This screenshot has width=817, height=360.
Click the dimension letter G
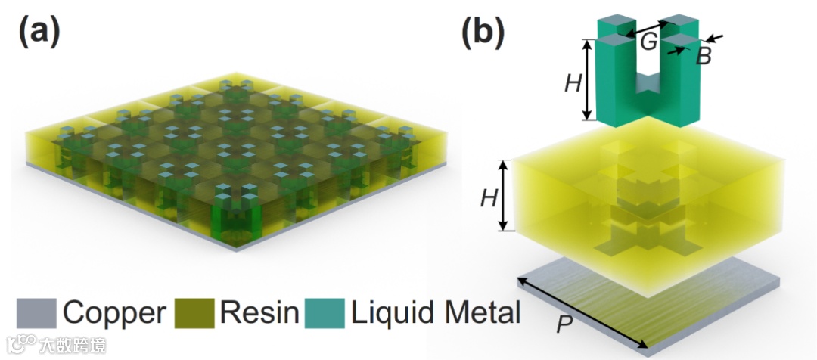(x=649, y=42)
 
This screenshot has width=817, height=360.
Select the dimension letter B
(x=703, y=56)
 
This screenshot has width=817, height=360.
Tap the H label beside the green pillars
(x=573, y=82)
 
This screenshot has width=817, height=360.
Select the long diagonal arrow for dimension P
(x=582, y=315)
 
